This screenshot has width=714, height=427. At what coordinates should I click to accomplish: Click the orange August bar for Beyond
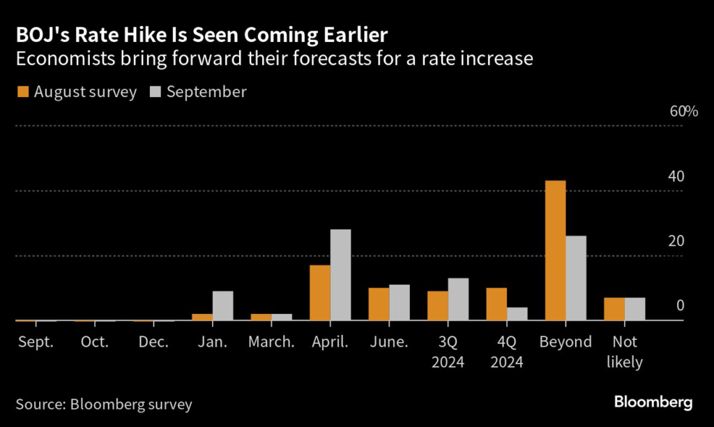point(556,250)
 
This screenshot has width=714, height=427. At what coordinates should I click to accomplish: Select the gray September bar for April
point(340,275)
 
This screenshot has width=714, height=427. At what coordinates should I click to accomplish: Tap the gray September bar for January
point(222,306)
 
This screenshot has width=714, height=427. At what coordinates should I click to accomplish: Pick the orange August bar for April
point(320,293)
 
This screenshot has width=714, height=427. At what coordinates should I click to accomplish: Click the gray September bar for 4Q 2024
point(517,314)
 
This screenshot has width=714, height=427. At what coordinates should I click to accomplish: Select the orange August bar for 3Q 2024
point(438,306)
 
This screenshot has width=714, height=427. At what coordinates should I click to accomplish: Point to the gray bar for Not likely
point(635,309)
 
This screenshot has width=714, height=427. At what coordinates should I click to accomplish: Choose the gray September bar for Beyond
point(575,278)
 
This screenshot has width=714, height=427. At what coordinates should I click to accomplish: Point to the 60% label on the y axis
point(684,112)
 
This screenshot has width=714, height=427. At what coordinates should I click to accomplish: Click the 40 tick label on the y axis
point(676,177)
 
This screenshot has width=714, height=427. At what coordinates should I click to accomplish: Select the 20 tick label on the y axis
point(676,241)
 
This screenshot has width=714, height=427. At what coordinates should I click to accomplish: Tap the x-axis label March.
point(272,342)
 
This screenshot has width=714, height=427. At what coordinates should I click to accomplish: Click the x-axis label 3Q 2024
point(448,352)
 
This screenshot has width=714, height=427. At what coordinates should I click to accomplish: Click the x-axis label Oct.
point(95,342)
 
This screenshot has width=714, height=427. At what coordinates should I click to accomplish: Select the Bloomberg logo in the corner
point(653,403)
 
